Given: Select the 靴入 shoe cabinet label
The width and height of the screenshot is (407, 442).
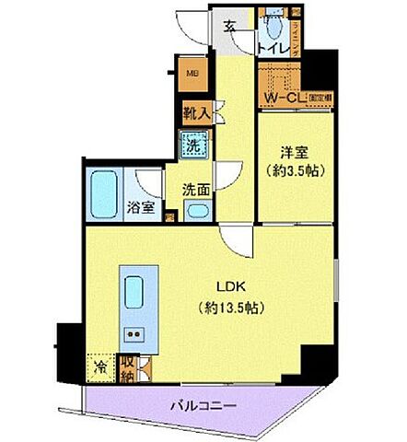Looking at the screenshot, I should [x=195, y=113].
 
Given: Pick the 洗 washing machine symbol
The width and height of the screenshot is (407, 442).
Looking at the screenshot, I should [x=194, y=145].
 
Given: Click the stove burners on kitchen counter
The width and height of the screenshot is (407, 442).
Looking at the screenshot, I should [x=134, y=333].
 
